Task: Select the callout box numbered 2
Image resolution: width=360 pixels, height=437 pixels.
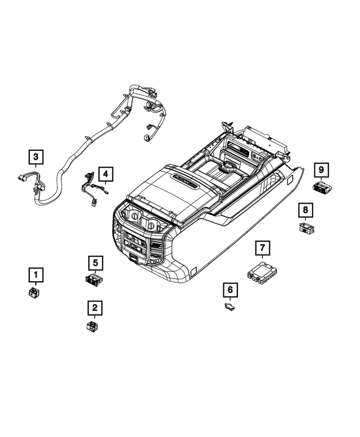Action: [94, 308]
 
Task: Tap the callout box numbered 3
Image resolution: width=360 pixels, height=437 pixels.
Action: [37, 156]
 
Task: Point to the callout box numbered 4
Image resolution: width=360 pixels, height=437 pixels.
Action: [105, 173]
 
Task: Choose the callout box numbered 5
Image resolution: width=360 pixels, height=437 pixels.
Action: [95, 262]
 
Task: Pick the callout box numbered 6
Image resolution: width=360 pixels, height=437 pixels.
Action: [230, 290]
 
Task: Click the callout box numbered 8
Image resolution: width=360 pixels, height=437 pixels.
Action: [305, 211]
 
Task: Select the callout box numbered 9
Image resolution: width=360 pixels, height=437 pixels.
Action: [321, 169]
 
